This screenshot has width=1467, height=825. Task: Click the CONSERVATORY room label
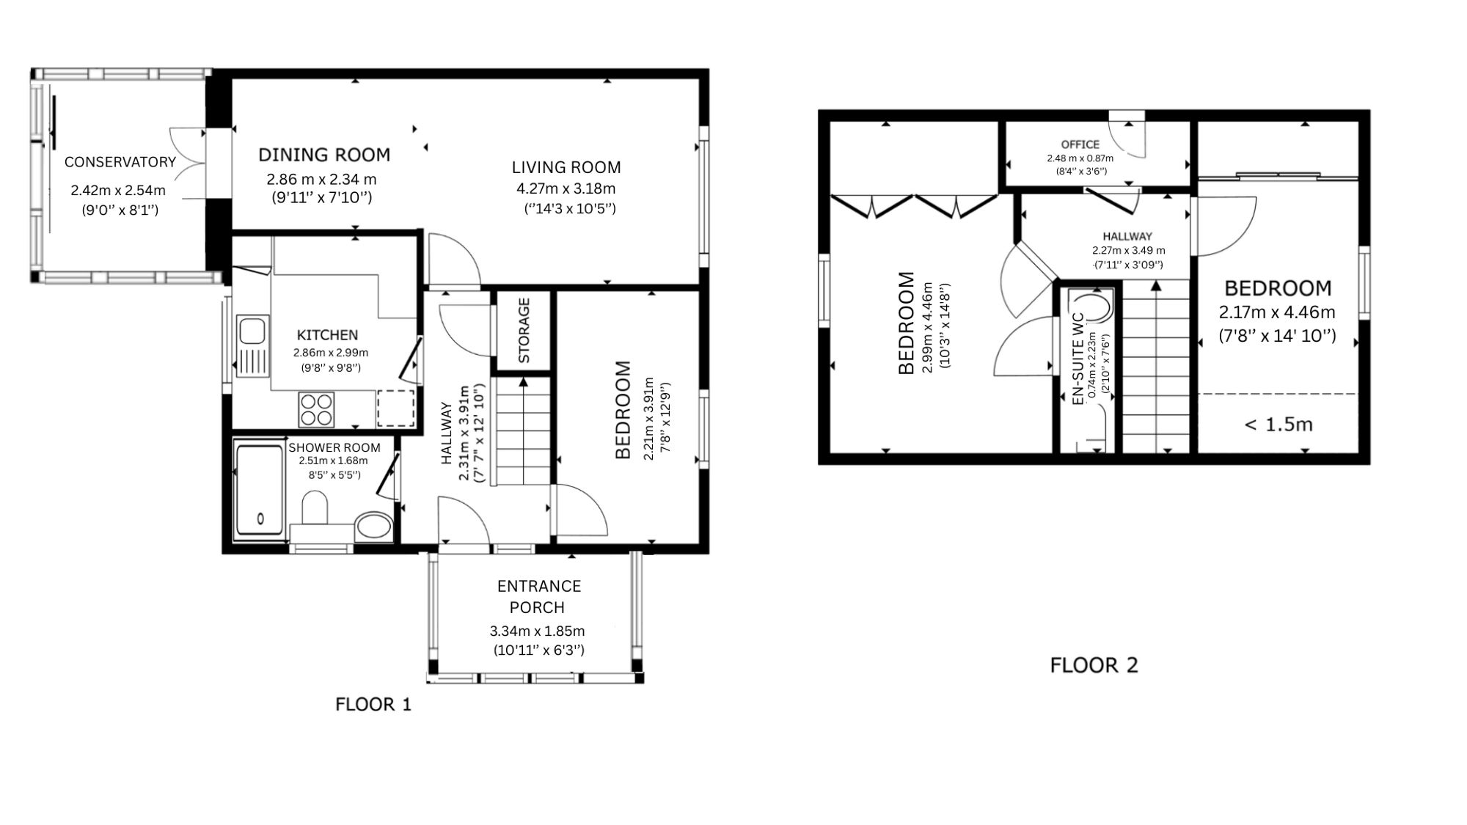coord(120,162)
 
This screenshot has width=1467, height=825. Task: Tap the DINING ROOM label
coord(324,155)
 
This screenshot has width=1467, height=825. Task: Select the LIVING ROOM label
coord(566,167)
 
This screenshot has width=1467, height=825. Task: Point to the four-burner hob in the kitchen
coord(317,410)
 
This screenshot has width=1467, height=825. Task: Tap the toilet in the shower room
coord(315,508)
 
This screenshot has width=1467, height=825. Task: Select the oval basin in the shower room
coord(373,527)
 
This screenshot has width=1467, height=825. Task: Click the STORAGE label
coord(524,331)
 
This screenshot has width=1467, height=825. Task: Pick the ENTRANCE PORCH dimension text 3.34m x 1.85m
coord(537,631)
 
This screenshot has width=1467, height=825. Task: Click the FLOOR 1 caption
coord(373,705)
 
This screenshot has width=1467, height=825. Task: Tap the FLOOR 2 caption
coord(1094,665)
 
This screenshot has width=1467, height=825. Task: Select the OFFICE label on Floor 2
coord(1080,144)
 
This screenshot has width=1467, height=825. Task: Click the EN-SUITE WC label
coord(1078,359)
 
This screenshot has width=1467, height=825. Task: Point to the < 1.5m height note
coord(1278,425)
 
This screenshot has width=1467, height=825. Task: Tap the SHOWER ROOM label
coord(334,447)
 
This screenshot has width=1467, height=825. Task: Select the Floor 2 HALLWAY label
coord(1127,236)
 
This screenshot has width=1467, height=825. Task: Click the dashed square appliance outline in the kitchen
coord(396,408)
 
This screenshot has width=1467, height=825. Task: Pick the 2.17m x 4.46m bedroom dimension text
coord(1277,312)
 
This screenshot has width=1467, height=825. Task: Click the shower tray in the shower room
coord(260,489)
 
